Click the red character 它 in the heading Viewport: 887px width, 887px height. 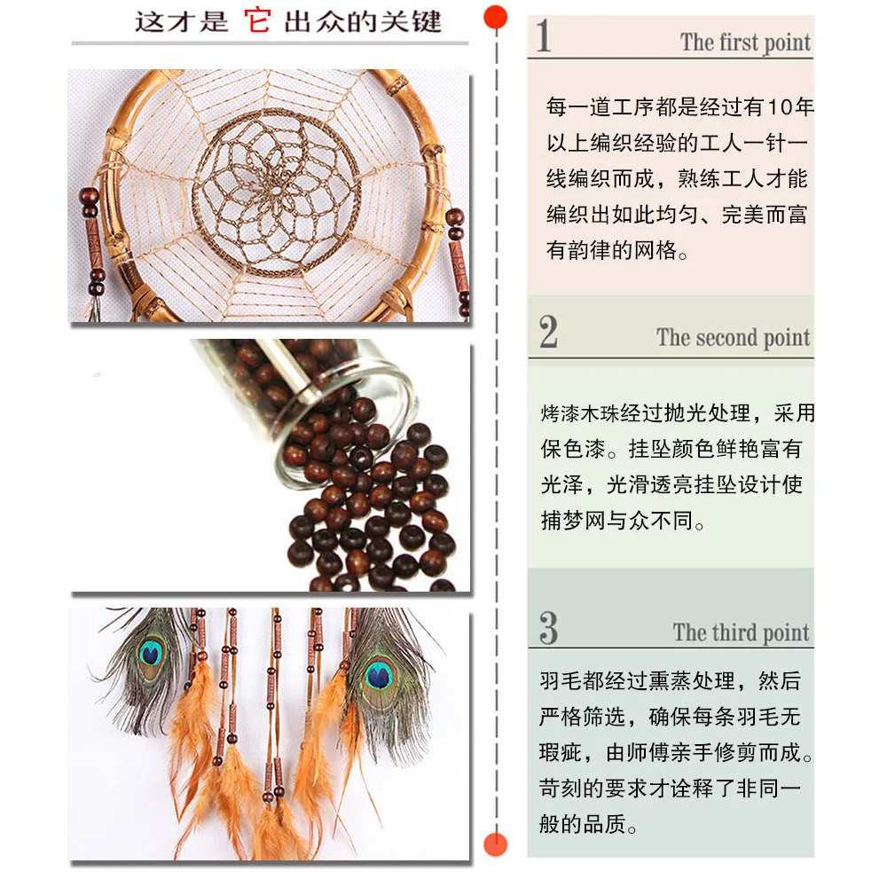click(x=257, y=21)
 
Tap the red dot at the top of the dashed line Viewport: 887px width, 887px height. click(x=496, y=17)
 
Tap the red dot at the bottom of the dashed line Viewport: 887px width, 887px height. click(x=496, y=845)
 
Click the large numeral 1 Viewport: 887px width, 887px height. click(x=544, y=35)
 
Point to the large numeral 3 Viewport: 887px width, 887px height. click(x=548, y=628)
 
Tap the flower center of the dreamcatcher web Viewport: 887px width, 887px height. click(x=276, y=192)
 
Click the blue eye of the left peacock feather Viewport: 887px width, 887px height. click(x=151, y=655)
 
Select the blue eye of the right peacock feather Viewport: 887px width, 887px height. click(x=379, y=676)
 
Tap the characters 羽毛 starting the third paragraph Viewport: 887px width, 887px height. click(x=561, y=680)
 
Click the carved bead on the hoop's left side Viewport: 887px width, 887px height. click(x=93, y=245)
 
